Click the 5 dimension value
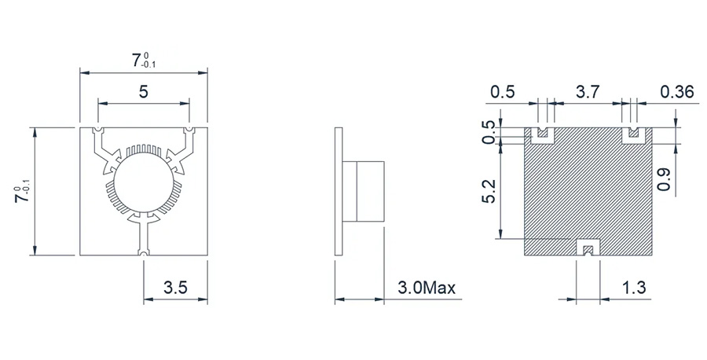tap(144, 91)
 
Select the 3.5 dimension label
tap(175, 288)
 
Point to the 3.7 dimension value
tap(588, 91)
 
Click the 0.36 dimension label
tap(676, 91)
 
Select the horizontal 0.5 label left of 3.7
tap(504, 91)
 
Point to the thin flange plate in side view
tap(339, 191)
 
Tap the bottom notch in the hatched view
tap(588, 249)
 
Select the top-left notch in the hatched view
tap(542, 134)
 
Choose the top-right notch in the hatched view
tap(633, 134)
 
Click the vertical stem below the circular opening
tap(144, 236)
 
